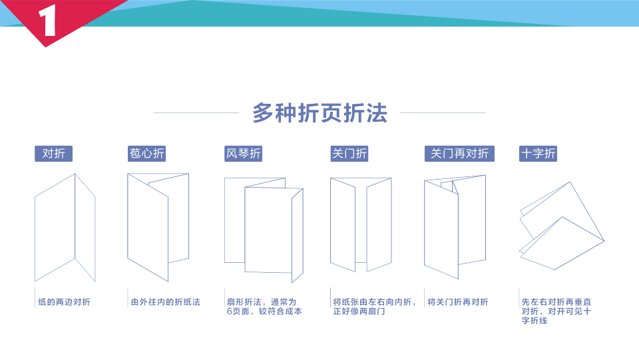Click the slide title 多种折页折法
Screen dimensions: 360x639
(319, 113)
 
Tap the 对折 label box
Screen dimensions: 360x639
(54, 154)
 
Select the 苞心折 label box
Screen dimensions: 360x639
(146, 154)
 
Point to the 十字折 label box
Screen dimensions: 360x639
(538, 154)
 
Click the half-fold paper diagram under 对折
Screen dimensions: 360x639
(65, 228)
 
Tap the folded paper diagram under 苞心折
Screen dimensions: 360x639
(157, 226)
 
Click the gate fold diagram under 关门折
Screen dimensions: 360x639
(361, 224)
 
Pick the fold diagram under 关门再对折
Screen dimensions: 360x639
(455, 226)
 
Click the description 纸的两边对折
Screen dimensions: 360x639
(64, 302)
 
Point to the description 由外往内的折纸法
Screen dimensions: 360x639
(166, 302)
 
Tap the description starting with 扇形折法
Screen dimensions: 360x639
(264, 306)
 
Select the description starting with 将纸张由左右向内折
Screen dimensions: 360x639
(368, 306)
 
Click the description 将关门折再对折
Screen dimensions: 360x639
(458, 302)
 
